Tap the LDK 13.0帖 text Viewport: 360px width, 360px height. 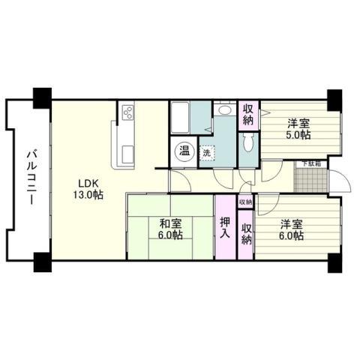[x=86, y=188]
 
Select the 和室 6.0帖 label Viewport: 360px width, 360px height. [x=170, y=228]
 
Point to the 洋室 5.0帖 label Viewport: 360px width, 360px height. [x=299, y=129]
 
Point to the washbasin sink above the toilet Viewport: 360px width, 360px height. [x=223, y=111]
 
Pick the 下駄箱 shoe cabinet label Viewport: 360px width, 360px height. [x=311, y=163]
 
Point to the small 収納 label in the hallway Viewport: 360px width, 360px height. [x=246, y=202]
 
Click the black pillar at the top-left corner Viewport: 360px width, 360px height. [x=41, y=97]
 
